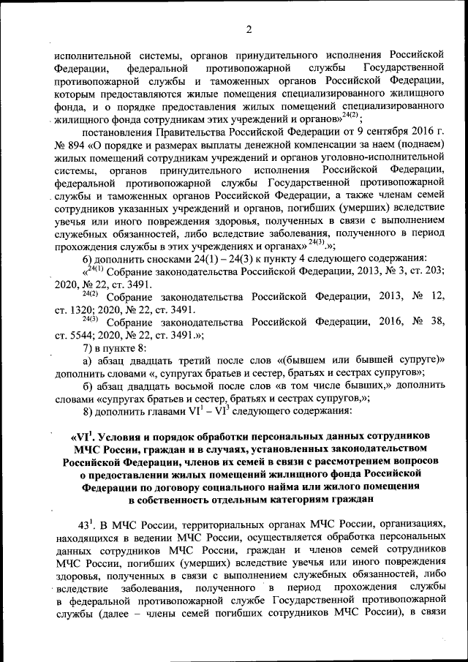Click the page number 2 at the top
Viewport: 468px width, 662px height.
248,29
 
